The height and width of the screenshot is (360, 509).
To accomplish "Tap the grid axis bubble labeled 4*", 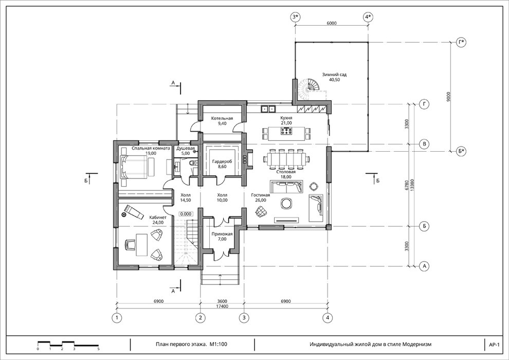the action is click(368, 17).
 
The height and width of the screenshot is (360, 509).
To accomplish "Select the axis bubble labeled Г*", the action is click(461, 43).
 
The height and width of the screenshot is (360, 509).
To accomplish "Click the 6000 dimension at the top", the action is click(332, 23).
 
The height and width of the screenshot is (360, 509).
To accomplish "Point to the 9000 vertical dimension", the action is click(448, 97).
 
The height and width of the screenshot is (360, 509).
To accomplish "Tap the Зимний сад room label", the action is click(334, 77).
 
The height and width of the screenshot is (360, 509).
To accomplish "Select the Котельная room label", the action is click(222, 121).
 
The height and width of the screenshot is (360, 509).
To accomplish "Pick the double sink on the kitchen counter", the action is click(268, 109).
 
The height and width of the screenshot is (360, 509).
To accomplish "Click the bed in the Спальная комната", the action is click(137, 167).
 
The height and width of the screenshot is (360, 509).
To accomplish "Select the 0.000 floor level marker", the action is click(186, 214).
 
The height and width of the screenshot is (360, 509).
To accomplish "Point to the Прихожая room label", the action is click(222, 237).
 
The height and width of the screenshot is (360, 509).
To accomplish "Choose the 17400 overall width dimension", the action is click(222, 306).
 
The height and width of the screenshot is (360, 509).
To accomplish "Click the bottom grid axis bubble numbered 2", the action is click(201, 317).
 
